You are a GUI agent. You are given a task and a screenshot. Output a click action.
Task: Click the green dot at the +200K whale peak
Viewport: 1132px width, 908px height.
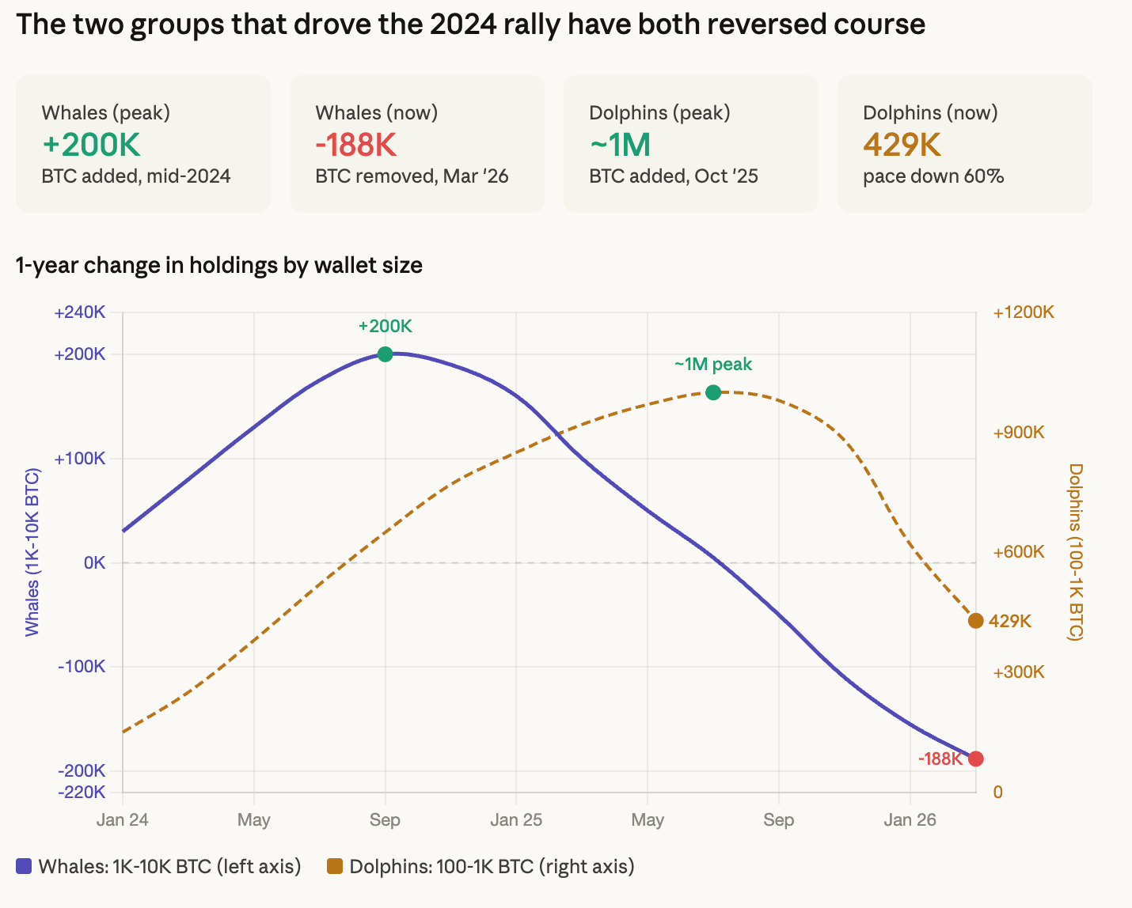click(x=385, y=354)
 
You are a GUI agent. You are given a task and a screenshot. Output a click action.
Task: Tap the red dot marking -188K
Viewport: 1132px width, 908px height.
click(x=975, y=759)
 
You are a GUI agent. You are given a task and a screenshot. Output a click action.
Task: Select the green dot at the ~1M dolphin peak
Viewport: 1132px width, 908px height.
click(x=712, y=392)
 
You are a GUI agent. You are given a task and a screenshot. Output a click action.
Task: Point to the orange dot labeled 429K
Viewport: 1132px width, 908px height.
click(x=975, y=621)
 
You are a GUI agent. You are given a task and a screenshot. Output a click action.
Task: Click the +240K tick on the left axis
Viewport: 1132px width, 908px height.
click(x=80, y=312)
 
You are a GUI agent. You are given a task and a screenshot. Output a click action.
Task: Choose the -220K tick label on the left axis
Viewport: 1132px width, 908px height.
click(x=82, y=792)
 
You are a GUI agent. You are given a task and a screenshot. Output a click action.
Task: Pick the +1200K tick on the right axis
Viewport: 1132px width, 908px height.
click(x=1023, y=312)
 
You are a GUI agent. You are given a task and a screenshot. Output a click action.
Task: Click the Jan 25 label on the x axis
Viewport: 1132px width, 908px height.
click(x=516, y=820)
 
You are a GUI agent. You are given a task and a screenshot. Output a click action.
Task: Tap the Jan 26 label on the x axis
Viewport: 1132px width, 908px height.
click(x=910, y=820)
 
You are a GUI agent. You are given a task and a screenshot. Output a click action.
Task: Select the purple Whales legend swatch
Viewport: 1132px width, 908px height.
click(x=24, y=867)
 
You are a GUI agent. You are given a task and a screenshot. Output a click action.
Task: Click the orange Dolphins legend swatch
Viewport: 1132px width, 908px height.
click(x=335, y=867)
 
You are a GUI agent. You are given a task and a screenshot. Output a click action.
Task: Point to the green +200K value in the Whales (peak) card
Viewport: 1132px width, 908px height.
click(x=91, y=145)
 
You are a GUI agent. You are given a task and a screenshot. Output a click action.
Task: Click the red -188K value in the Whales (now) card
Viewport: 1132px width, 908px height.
click(x=355, y=145)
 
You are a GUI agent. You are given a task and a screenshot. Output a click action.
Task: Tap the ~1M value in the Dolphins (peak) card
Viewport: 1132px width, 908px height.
click(x=620, y=145)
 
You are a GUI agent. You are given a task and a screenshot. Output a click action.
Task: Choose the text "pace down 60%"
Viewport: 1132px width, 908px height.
click(x=933, y=176)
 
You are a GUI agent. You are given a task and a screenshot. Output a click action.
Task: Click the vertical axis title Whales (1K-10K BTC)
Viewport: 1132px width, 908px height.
click(x=32, y=552)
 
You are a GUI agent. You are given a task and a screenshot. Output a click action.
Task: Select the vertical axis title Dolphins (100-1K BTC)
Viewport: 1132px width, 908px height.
click(x=1075, y=552)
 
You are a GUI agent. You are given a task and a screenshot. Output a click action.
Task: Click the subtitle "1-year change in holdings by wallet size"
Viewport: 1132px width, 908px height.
click(x=219, y=265)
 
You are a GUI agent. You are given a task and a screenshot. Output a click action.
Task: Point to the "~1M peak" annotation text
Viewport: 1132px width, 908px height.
click(x=713, y=365)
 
